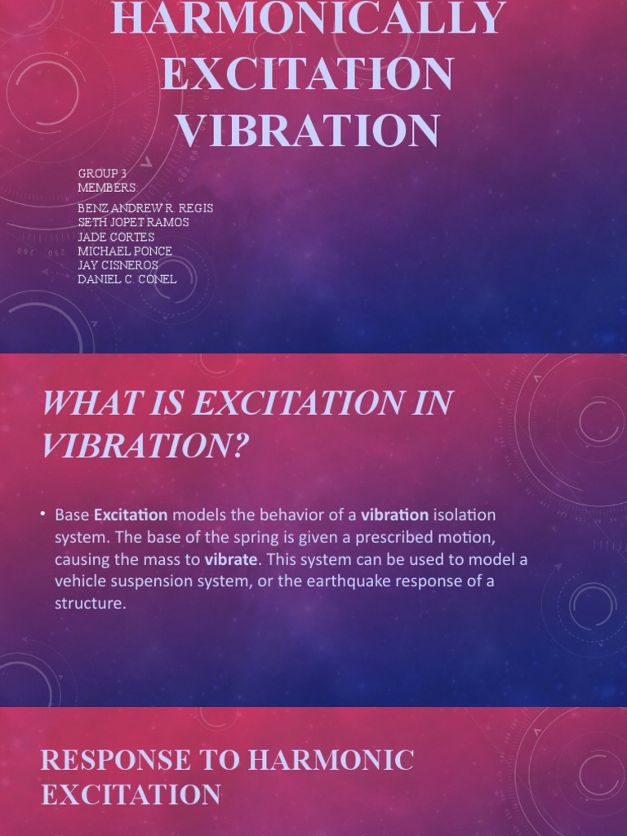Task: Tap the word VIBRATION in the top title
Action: [x=309, y=131]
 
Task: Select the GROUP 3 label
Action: [x=103, y=174]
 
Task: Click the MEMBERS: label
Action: [x=108, y=188]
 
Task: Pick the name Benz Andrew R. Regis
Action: [x=145, y=208]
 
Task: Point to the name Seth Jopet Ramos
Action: [x=133, y=222]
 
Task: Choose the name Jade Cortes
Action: [x=116, y=237]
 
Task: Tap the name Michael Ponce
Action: [x=125, y=251]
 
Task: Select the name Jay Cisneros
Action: [x=118, y=265]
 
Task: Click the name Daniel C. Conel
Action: [x=127, y=279]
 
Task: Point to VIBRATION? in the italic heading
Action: [x=145, y=445]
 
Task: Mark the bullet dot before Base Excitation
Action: [x=43, y=515]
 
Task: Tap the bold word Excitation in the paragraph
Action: [x=131, y=515]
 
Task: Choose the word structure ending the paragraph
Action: [x=90, y=605]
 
